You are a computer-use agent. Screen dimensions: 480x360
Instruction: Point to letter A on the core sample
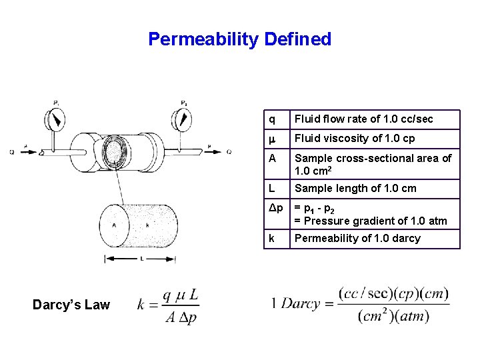(115, 225)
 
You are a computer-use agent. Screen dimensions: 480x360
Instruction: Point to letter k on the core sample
(146, 225)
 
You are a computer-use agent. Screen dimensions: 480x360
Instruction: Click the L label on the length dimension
(143, 259)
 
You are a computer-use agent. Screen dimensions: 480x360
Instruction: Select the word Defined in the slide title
(297, 39)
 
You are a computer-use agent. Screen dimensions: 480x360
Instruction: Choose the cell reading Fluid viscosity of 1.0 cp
(355, 138)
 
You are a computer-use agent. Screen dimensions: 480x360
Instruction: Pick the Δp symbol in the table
(276, 208)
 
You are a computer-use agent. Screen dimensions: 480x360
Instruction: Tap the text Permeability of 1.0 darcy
(357, 239)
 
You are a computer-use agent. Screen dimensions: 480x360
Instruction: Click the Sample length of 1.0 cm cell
(355, 188)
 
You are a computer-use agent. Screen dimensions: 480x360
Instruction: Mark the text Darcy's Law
(71, 305)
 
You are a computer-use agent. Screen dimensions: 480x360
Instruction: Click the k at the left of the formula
(142, 305)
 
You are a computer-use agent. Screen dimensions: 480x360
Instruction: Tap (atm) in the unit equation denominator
(414, 316)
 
